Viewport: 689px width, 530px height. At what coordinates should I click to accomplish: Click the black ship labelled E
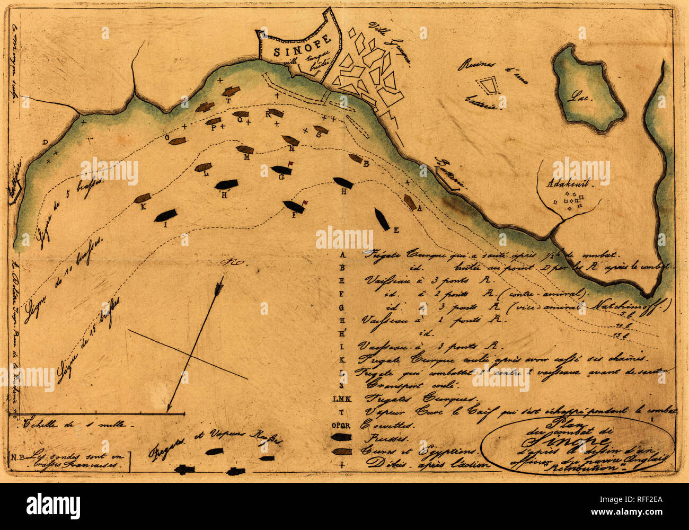click(382, 218)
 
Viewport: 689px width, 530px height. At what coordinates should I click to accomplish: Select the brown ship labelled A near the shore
click(409, 202)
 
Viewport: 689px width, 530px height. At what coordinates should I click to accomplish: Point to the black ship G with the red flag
click(281, 170)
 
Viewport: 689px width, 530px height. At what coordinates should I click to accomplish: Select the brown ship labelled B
click(356, 158)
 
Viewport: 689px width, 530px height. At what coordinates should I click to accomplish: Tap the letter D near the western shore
click(45, 142)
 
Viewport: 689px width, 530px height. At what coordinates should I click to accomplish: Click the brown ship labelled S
click(320, 129)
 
